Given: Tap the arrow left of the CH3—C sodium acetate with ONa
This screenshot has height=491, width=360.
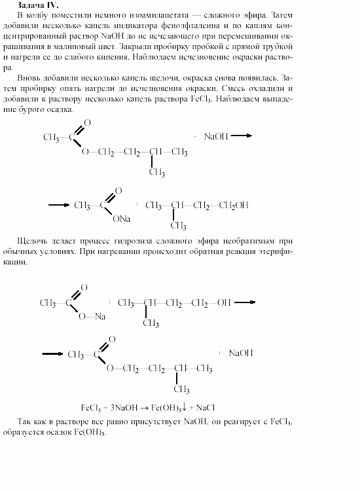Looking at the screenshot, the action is (x=59, y=205).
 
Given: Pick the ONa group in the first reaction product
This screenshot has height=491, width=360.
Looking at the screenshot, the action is (x=121, y=219).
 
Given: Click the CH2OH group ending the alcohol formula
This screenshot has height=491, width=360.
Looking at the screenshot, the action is (x=233, y=205).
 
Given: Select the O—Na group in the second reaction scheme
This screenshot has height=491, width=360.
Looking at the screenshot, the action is (x=92, y=316).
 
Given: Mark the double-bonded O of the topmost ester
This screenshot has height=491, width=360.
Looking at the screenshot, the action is (x=88, y=122).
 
